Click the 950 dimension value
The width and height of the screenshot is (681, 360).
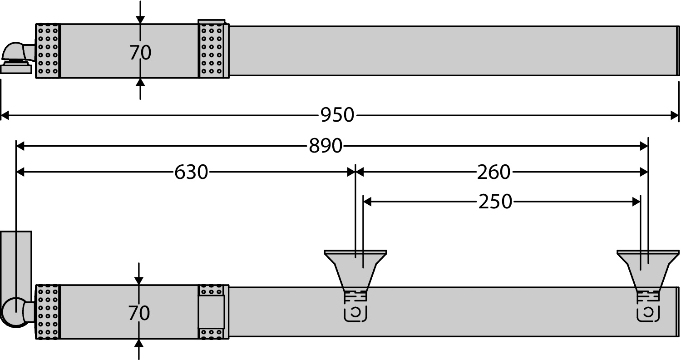point(337,115)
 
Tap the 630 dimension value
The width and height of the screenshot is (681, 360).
point(191,173)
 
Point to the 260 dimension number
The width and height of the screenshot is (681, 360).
point(493,173)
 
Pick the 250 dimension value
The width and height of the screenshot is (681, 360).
point(495,202)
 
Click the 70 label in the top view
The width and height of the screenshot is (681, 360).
point(140,53)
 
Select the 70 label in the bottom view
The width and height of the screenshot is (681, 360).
point(139,313)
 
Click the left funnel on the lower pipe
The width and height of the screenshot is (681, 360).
point(355,268)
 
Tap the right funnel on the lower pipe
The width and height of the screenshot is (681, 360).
point(648,268)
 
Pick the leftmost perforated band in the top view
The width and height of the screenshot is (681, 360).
point(48,51)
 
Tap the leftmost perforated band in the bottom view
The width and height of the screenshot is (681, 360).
point(48,312)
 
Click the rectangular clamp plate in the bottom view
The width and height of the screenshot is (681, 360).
point(212,312)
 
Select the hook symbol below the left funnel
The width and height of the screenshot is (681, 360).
point(355,313)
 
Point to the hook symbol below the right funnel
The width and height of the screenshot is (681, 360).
point(648,313)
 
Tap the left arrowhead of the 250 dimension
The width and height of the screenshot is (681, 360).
point(367,202)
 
